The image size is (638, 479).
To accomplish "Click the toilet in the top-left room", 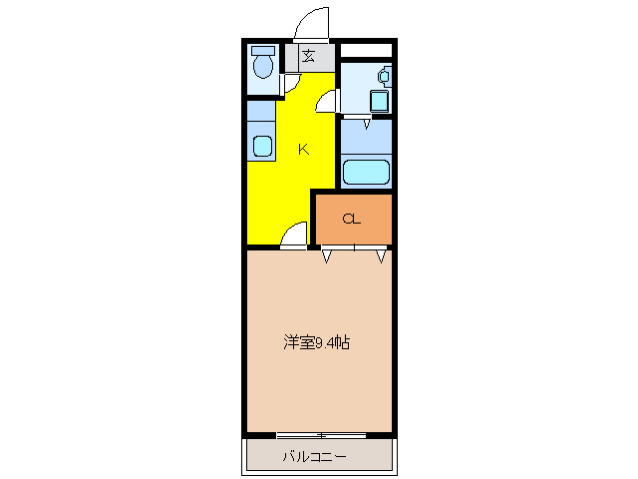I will click(x=263, y=67).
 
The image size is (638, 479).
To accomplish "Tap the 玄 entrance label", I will click(x=308, y=56).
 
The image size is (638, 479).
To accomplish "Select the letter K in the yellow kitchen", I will click(x=303, y=150).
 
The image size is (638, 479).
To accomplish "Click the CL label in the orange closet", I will click(x=351, y=219).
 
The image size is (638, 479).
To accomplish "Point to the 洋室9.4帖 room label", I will click(x=316, y=343).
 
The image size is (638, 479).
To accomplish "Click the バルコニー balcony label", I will click(x=313, y=457).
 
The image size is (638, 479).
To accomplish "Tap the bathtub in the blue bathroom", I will click(x=366, y=172).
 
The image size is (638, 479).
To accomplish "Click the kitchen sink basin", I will click(x=262, y=146).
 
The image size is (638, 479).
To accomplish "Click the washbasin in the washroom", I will click(x=385, y=75).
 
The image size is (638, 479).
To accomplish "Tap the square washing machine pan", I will click(x=379, y=102).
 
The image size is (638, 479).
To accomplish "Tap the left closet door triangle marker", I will click(x=327, y=256).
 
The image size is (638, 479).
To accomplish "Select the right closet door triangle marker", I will click(x=381, y=256).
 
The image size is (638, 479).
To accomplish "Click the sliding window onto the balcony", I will click(x=320, y=435).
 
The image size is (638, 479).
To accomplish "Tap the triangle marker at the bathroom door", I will click(x=366, y=124).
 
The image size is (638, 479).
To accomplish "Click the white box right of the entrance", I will click(x=366, y=50).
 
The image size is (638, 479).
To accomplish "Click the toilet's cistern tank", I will click(x=263, y=50).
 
